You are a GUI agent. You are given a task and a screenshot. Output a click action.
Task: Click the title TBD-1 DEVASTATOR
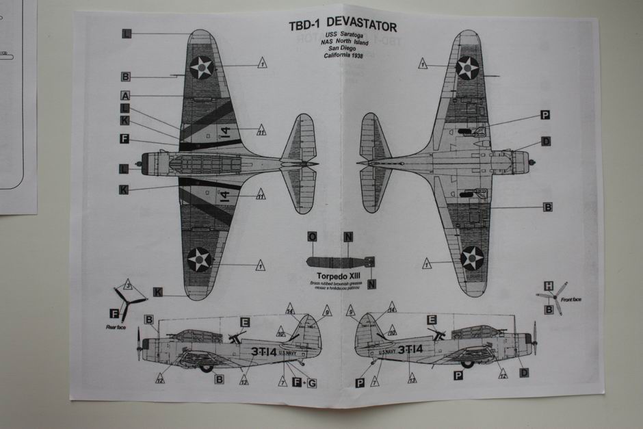[x=342, y=26]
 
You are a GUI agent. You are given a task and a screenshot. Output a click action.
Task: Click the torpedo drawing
[x=338, y=261]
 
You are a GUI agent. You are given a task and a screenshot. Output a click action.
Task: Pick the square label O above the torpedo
[x=312, y=237]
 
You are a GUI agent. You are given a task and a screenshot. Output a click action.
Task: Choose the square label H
[x=548, y=285]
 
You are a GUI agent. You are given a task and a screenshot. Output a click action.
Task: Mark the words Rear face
[x=116, y=327]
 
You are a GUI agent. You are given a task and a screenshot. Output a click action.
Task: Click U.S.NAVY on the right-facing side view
[x=385, y=352]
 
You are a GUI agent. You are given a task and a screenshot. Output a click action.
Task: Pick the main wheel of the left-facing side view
[x=206, y=367]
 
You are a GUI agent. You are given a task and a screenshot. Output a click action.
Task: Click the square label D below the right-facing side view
[x=524, y=372]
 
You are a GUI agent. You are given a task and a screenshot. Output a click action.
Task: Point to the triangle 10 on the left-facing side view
[x=281, y=333]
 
